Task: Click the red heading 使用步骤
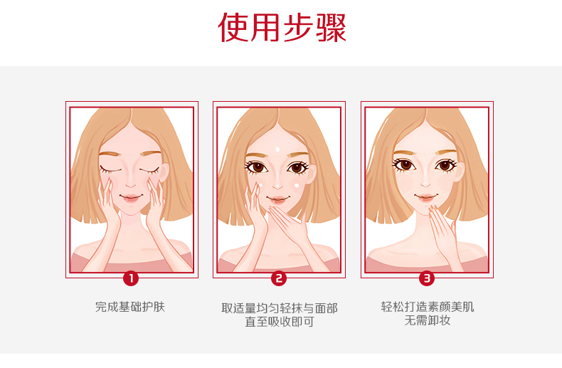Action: tap(282, 27)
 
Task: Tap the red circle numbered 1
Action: tap(131, 278)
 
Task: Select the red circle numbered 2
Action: tap(279, 278)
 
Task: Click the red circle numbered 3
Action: tap(427, 278)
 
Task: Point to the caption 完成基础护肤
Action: tap(130, 307)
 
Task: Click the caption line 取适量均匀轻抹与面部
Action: tap(280, 308)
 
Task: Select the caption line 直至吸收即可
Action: tap(280, 322)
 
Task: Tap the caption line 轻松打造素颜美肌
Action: tap(428, 307)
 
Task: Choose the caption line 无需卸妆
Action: tap(428, 320)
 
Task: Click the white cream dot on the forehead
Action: tap(277, 149)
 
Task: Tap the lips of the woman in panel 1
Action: tap(130, 197)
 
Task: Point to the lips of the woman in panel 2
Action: tap(277, 199)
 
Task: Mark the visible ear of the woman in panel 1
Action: tap(164, 173)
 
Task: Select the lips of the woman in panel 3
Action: tap(425, 196)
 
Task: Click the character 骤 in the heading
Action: tap(332, 27)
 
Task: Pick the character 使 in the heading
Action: tap(233, 27)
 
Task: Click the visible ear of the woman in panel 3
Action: tap(460, 172)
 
